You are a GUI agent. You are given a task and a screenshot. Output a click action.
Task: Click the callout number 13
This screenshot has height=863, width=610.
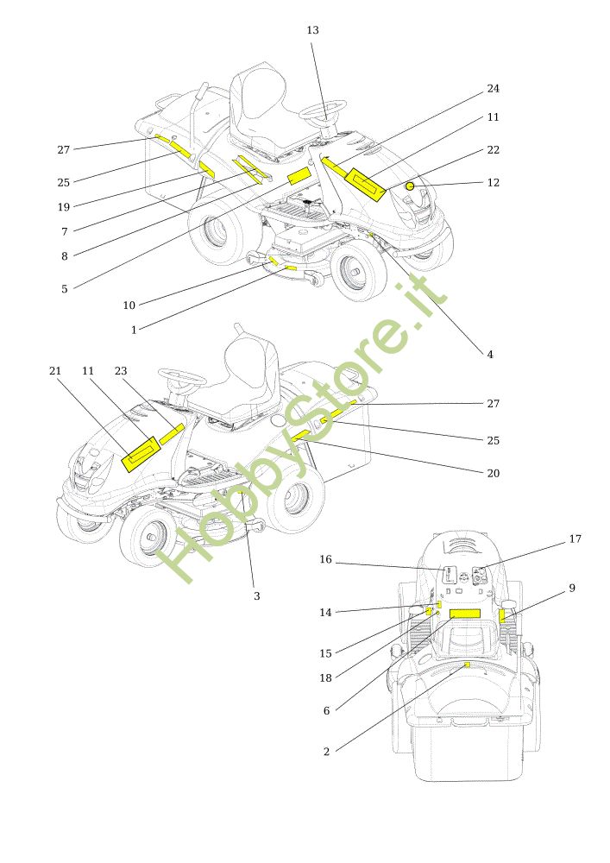(312, 30)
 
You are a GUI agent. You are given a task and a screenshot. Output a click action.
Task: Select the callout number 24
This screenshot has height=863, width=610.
(493, 89)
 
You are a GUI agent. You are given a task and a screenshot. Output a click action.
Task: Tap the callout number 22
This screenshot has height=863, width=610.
(493, 150)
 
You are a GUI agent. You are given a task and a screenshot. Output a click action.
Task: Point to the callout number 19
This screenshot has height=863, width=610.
(64, 206)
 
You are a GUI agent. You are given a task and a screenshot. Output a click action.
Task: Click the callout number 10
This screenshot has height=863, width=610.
(129, 306)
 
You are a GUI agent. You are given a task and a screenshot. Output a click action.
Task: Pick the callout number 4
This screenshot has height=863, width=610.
(489, 355)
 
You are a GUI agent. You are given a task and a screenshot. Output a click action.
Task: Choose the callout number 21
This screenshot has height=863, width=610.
(55, 371)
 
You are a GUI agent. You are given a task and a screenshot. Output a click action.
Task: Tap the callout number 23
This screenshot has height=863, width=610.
(121, 371)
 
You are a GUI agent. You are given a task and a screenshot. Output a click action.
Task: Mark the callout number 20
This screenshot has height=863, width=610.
(493, 474)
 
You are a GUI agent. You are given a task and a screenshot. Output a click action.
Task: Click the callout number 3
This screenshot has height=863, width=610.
(256, 596)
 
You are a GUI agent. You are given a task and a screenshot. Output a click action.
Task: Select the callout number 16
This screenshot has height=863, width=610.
(325, 560)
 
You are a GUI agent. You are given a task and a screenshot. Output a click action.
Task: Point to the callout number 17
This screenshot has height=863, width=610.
(575, 539)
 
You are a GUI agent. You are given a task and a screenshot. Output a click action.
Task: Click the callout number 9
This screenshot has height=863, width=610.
(571, 589)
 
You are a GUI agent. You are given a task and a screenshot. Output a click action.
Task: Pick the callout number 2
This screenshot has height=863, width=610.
(326, 752)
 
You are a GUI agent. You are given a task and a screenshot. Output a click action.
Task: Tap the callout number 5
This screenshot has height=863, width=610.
(64, 289)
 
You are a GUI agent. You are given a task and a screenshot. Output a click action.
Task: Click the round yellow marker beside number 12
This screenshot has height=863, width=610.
(412, 186)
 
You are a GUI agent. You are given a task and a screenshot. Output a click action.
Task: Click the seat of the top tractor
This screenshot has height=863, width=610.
(259, 104)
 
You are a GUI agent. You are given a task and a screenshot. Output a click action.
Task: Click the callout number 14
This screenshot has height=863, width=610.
(325, 613)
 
